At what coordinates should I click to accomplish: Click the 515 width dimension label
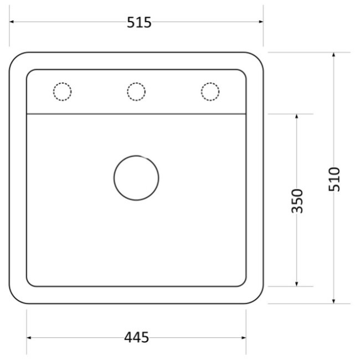139,22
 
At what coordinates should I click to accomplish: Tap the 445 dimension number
136,337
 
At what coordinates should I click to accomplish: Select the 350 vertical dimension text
297,201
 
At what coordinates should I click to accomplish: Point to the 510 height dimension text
334,179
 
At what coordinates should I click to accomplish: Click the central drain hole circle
136,156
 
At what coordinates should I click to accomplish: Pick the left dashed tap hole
62,83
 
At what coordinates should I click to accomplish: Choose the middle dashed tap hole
136,83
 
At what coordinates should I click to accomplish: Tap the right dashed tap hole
210,83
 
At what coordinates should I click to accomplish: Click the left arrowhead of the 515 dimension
12,22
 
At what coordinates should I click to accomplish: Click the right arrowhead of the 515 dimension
261,22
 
